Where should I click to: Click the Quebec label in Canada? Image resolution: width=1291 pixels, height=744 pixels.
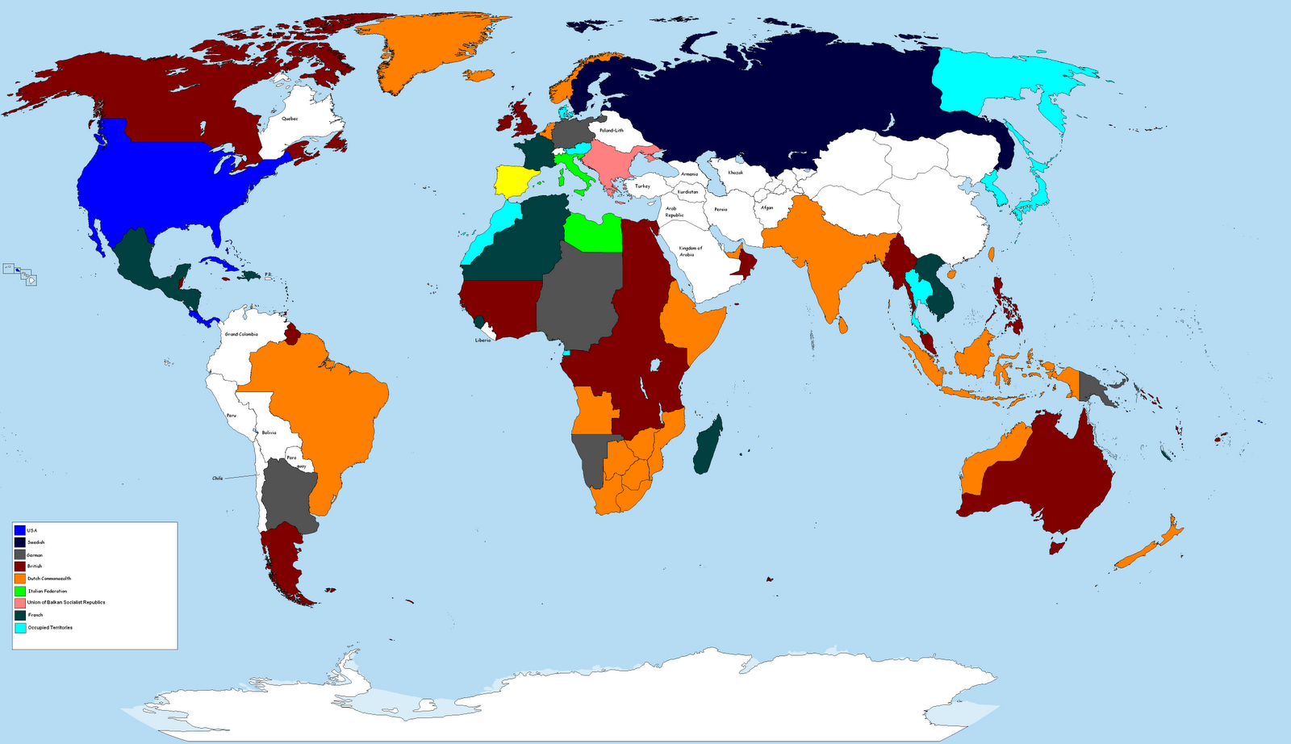(290, 119)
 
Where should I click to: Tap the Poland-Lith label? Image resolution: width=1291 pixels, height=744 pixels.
(611, 130)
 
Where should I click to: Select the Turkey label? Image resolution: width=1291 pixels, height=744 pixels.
(642, 186)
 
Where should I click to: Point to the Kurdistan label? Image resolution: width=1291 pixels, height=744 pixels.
(687, 192)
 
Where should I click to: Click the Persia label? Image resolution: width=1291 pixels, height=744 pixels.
(721, 209)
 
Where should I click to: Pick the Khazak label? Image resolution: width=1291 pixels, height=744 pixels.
(735, 173)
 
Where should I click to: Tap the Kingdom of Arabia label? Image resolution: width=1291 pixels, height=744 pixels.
(690, 251)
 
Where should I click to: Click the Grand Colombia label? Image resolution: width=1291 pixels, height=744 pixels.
(241, 334)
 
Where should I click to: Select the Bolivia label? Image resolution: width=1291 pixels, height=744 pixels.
(269, 433)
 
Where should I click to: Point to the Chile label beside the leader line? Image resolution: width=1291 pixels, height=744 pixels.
(217, 479)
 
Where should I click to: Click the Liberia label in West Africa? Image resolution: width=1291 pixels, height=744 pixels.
(483, 341)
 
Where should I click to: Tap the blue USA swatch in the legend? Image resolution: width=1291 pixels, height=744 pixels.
(19, 530)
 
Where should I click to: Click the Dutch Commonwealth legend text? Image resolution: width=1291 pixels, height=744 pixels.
(49, 579)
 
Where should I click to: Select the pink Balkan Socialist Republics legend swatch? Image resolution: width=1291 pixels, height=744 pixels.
(19, 603)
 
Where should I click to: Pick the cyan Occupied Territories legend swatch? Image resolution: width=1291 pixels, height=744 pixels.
(19, 628)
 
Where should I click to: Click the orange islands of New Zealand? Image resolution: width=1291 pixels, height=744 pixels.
(1150, 546)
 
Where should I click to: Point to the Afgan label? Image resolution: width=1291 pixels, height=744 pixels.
(767, 207)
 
